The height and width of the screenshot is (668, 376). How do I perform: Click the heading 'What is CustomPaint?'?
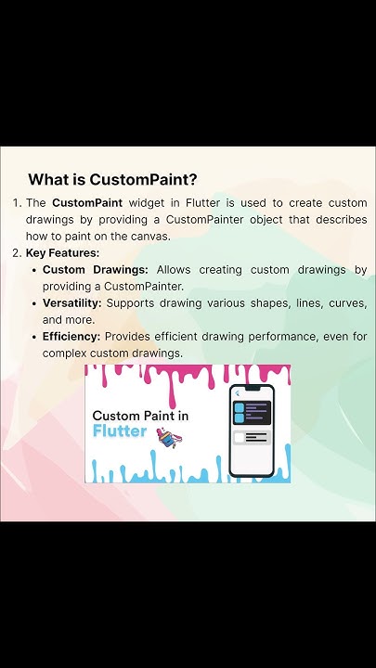112,179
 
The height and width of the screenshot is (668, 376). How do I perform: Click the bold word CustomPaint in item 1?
86,202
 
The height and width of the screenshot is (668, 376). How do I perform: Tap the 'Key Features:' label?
62,252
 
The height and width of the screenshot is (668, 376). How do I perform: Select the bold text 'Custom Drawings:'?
96,270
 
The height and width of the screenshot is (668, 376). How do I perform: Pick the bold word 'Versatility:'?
72,303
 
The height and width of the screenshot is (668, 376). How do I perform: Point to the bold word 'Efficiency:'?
71,337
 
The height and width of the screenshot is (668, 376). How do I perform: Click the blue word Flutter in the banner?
121,431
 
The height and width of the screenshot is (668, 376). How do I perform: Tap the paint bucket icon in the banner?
168,436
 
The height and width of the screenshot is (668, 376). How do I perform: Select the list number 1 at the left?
16,202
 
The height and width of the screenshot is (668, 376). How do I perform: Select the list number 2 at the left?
16,252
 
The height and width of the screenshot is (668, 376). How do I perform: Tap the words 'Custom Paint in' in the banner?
139,416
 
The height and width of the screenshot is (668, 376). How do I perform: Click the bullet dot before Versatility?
34,303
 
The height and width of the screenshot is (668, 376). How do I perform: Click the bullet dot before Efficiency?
34,337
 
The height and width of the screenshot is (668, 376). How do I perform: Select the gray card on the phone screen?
252,437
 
